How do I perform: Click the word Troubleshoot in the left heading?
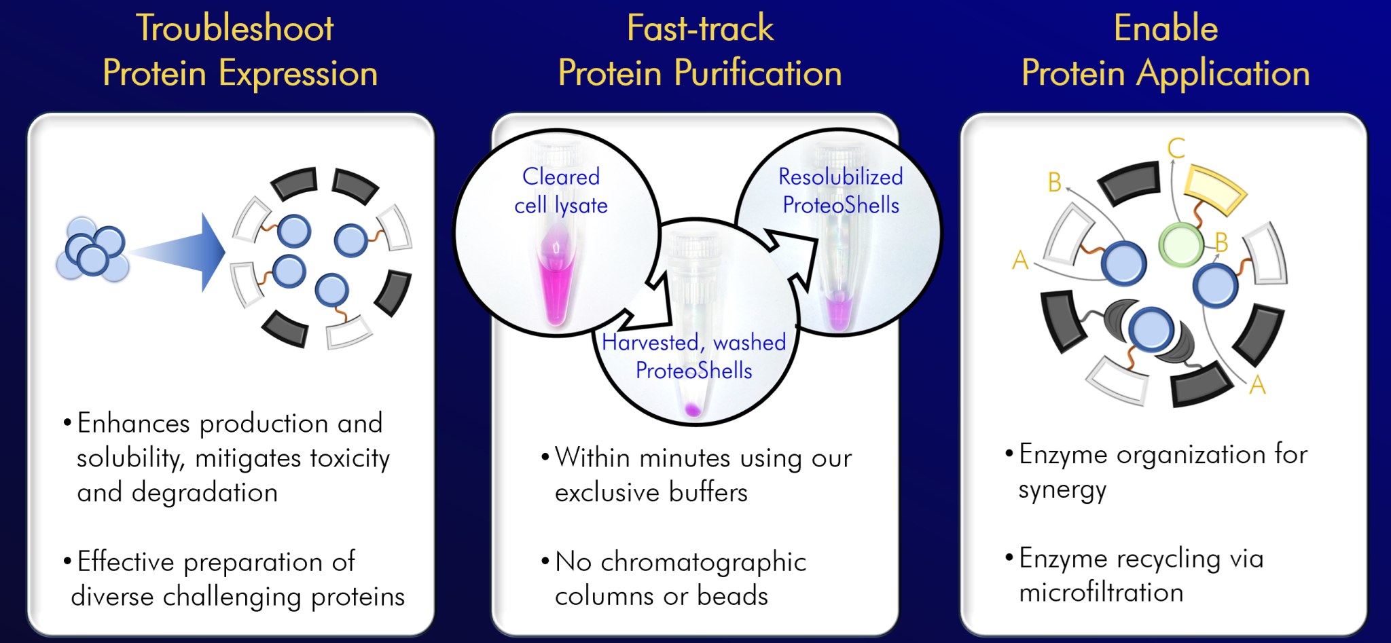point(235,29)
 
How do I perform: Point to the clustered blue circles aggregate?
point(93,250)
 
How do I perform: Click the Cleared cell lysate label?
point(561,191)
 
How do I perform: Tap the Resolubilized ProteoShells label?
point(841,191)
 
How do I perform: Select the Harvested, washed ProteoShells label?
point(694,356)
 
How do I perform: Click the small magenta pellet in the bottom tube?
point(693,409)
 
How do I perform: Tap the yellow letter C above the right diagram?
point(1176,148)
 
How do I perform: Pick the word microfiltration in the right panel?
point(1101,593)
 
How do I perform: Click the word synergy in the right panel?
point(1062,490)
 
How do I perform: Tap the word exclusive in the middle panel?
point(607,492)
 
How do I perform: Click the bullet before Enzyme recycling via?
point(1009,557)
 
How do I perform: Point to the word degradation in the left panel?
point(204,492)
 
